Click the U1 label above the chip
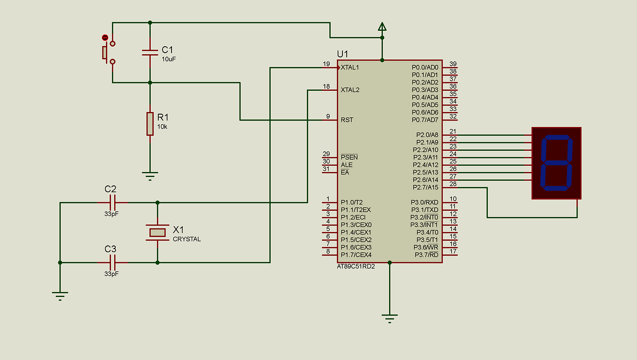[342, 54]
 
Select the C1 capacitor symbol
[150, 52]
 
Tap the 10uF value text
[169, 59]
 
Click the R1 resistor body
[150, 124]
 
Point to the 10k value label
[162, 126]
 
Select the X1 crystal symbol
[157, 232]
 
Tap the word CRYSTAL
[187, 239]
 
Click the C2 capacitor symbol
[113, 202]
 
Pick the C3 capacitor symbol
[113, 262]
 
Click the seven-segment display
[556, 163]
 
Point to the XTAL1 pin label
[350, 67]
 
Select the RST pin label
[347, 120]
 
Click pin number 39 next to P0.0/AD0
[453, 64]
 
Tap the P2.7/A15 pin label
[426, 187]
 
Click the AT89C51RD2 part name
[356, 267]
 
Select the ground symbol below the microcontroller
[390, 319]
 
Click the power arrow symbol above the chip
[382, 27]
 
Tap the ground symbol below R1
[150, 175]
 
